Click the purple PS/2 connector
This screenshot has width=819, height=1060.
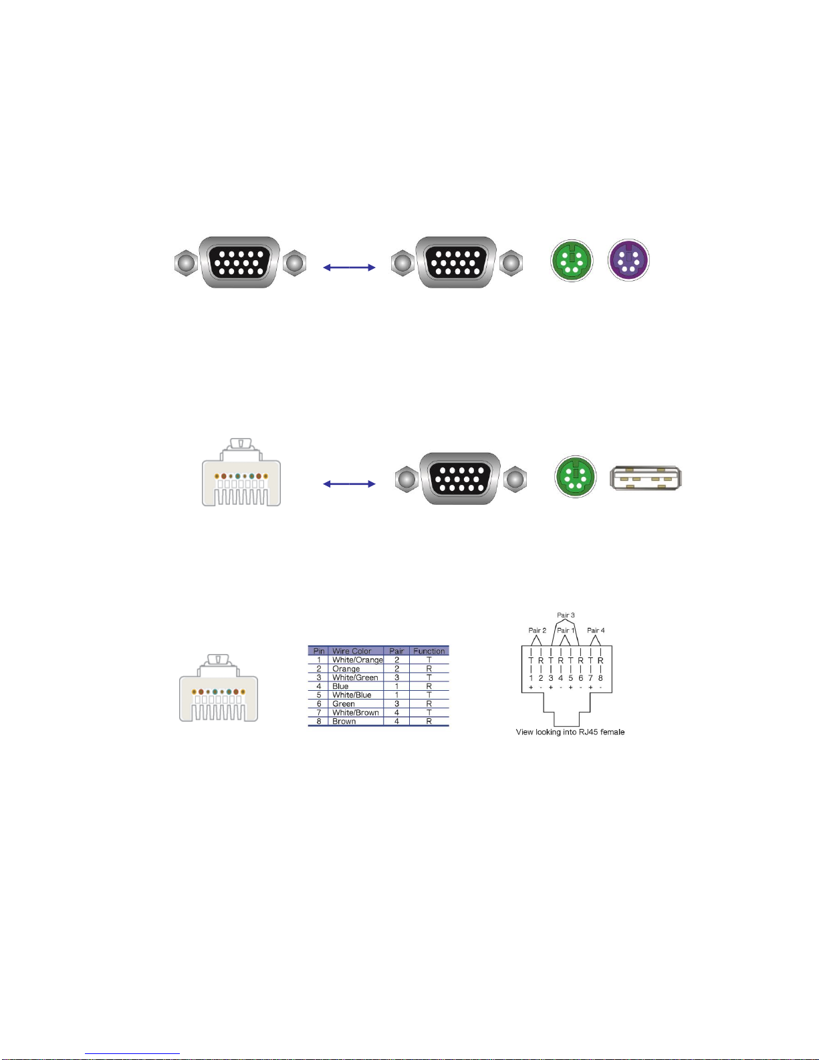click(x=628, y=260)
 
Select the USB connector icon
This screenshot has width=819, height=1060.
click(x=646, y=478)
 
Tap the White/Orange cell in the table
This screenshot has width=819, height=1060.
click(x=357, y=660)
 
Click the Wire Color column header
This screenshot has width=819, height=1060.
click(x=352, y=651)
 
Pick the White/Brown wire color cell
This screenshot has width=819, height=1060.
click(x=356, y=713)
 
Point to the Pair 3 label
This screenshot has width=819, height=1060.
click(x=566, y=615)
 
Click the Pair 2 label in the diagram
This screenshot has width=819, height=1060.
click(x=538, y=630)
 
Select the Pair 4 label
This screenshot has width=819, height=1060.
click(x=596, y=630)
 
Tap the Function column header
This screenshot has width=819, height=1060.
click(x=429, y=651)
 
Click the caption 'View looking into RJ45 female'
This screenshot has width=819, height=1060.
click(x=570, y=732)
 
